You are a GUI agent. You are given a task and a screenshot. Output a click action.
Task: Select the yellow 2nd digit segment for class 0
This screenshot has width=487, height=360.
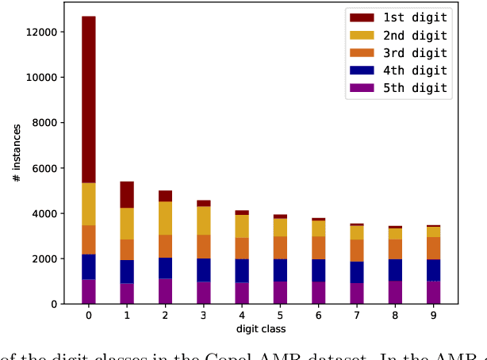click(x=88, y=204)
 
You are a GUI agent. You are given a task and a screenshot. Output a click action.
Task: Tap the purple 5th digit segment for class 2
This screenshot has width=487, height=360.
click(x=165, y=291)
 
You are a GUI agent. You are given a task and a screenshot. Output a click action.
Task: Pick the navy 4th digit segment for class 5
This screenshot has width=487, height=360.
click(x=280, y=270)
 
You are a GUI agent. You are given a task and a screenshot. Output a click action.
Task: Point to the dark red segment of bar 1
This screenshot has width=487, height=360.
click(x=127, y=195)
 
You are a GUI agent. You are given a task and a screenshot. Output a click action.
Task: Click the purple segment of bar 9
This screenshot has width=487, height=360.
click(x=433, y=293)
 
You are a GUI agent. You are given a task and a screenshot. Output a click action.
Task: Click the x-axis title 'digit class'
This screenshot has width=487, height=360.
click(x=260, y=329)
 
